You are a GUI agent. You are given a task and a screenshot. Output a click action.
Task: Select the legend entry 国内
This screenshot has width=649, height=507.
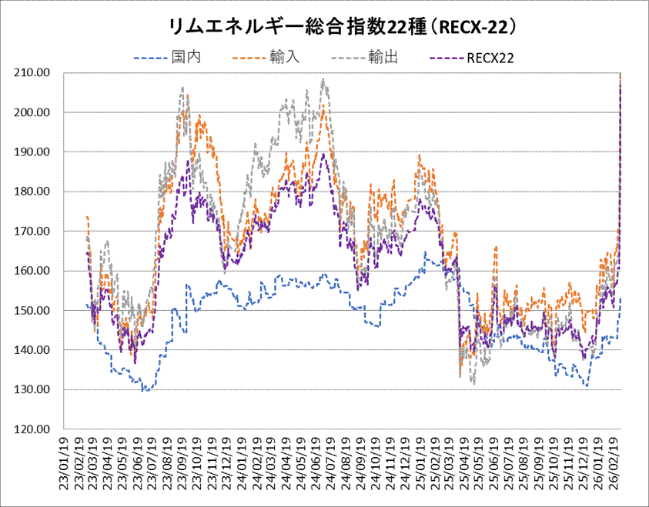(x=182, y=56)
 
